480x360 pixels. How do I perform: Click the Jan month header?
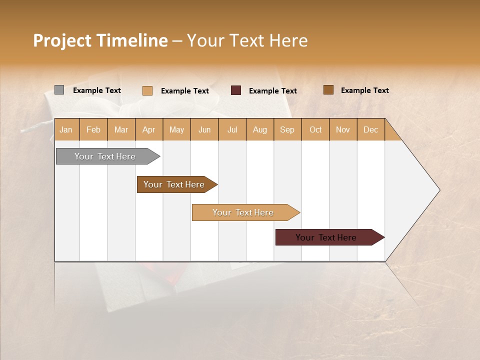pyautogui.click(x=66, y=129)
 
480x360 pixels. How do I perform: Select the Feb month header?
pyautogui.click(x=93, y=129)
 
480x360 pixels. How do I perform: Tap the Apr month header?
pyautogui.click(x=148, y=129)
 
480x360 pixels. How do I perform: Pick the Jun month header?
pyautogui.click(x=204, y=129)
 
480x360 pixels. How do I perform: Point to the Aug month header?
pyautogui.click(x=259, y=129)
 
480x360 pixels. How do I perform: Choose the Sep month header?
pyautogui.click(x=287, y=129)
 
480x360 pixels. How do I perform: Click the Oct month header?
pyautogui.click(x=315, y=129)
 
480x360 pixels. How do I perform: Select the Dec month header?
pyautogui.click(x=370, y=129)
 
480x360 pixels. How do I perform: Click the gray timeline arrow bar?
pyautogui.click(x=105, y=156)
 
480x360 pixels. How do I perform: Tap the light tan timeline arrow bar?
pyautogui.click(x=243, y=212)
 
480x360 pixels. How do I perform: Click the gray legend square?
pyautogui.click(x=59, y=90)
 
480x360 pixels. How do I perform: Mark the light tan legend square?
pyautogui.click(x=147, y=90)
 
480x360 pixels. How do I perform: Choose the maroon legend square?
pyautogui.click(x=236, y=90)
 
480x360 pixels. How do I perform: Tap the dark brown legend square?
pyautogui.click(x=328, y=90)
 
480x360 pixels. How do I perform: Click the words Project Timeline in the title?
pyautogui.click(x=100, y=40)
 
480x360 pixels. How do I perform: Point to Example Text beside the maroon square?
pyautogui.click(x=273, y=91)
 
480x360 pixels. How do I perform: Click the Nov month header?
pyautogui.click(x=343, y=129)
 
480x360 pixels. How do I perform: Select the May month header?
pyautogui.click(x=176, y=129)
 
